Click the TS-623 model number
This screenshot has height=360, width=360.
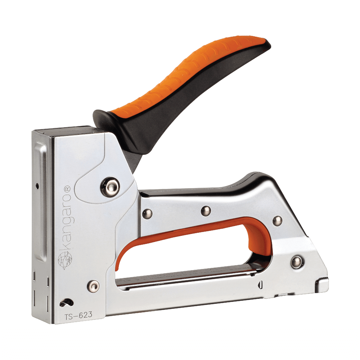tap(78, 315)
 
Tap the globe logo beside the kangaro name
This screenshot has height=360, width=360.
tap(65, 260)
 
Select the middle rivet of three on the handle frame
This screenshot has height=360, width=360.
tap(206, 211)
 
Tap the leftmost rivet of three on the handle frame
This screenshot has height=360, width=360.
tap(147, 214)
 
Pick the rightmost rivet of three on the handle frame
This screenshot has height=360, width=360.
tap(277, 221)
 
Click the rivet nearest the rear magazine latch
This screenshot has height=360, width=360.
tap(297, 262)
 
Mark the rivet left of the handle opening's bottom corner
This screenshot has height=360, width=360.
tap(94, 286)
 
